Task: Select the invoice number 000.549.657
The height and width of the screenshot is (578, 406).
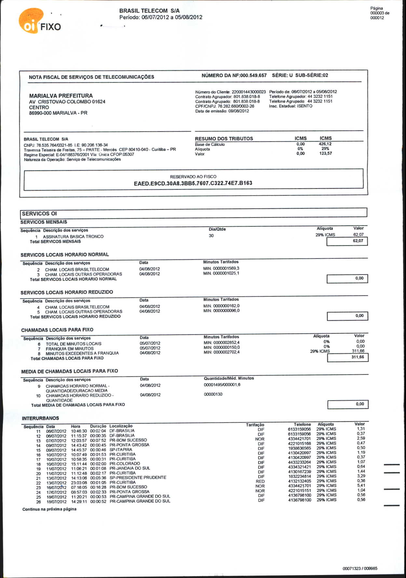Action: coord(253,76)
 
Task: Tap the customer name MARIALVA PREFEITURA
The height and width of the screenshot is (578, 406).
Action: coord(61,96)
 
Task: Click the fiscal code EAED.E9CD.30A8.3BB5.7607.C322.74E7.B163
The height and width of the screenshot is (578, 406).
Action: coord(193,183)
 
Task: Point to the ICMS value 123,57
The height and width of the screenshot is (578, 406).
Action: coord(325,153)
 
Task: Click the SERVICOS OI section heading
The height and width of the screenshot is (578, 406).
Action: coord(39,214)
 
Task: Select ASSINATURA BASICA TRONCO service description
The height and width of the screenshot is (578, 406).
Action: coord(73,236)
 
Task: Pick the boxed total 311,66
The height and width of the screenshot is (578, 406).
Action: coord(358,357)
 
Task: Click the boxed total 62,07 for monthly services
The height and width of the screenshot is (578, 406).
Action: coord(358,241)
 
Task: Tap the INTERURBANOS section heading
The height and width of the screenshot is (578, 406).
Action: coord(40,418)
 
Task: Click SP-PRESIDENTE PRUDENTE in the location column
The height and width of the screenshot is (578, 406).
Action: coord(138,477)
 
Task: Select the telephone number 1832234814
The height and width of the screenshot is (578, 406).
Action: coord(299,476)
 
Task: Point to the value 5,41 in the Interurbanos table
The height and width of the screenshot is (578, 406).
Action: coord(361,486)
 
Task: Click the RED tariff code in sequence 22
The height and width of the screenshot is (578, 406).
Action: coord(260,481)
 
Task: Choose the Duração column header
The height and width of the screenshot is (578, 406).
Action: coord(98,426)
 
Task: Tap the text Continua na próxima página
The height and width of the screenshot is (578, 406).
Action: coord(49,509)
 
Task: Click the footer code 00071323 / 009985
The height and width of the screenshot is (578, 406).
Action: coord(360,569)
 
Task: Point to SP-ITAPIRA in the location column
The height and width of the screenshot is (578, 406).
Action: coord(121,450)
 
